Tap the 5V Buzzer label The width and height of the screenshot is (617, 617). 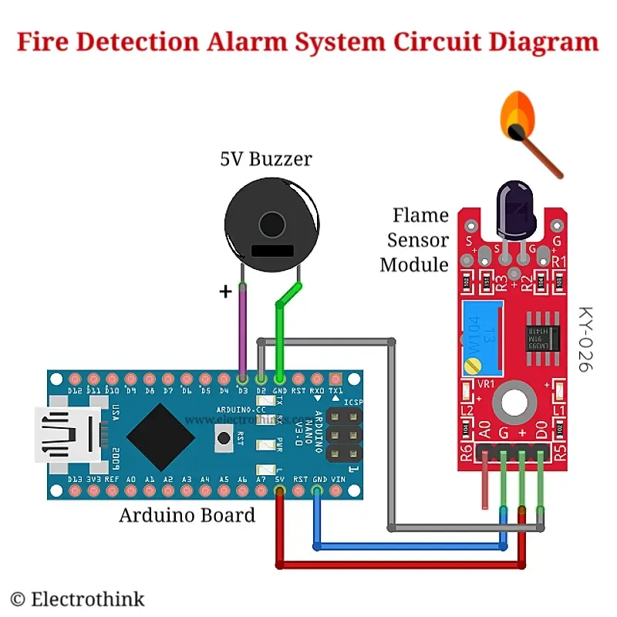tap(265, 160)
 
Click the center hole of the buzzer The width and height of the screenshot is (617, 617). tap(271, 224)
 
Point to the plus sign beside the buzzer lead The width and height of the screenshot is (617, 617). tap(226, 292)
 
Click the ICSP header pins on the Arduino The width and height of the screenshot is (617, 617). tap(343, 436)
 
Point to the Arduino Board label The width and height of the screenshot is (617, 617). tap(187, 515)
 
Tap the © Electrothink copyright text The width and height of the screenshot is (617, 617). tap(77, 598)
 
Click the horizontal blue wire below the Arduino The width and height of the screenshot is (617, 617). tap(409, 547)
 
